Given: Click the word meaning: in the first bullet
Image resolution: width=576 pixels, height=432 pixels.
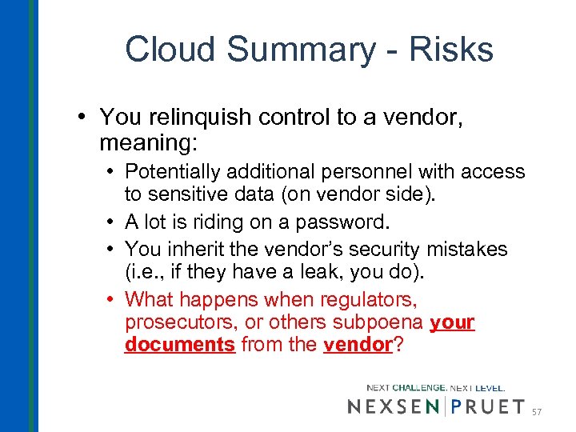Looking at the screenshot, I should tap(144, 143).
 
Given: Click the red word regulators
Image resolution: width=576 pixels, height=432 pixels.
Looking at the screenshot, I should tap(368, 299).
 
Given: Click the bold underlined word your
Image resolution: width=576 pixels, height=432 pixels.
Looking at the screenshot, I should tap(452, 322).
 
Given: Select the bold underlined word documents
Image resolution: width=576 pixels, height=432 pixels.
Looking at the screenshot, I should tap(179, 344).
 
